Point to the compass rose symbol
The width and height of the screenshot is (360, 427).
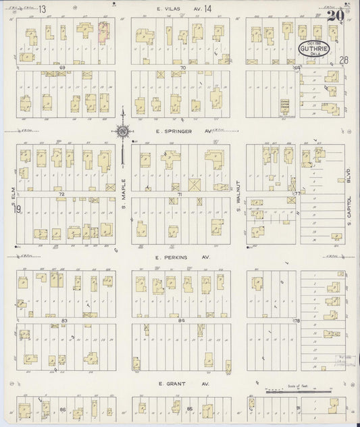pos(124,132)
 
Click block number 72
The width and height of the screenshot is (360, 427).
pos(62,194)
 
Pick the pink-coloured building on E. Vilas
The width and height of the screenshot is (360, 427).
pos(104,32)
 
